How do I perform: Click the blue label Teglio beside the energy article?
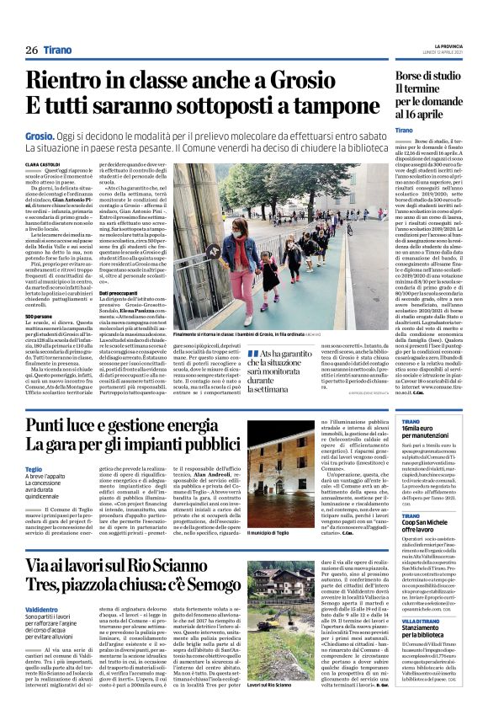[x=34, y=468]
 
